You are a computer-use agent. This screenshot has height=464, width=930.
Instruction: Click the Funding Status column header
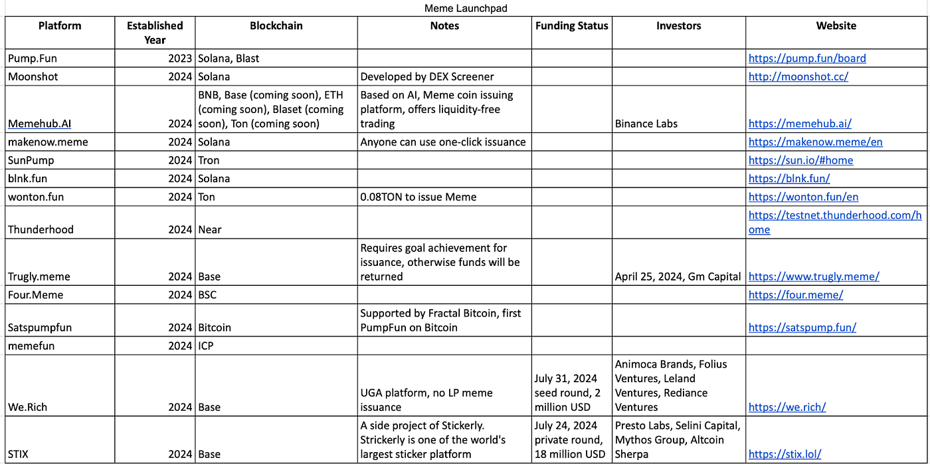pos(571,26)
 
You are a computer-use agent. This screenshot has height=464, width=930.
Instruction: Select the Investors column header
pos(678,26)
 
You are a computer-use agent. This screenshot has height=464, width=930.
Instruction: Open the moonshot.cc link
pos(798,76)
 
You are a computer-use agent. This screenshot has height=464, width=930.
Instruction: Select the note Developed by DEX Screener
pos(427,76)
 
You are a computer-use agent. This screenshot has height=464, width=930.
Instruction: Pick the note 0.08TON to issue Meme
pos(418,197)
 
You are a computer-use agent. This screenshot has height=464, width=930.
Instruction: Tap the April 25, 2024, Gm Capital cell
pos(678,277)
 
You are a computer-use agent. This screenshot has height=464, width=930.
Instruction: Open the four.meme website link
pos(795,294)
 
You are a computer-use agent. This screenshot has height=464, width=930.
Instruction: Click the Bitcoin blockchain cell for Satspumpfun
pos(215,327)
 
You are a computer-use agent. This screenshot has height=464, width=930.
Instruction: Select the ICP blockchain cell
pos(206,346)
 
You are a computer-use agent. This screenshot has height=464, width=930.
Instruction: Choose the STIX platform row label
pos(19,455)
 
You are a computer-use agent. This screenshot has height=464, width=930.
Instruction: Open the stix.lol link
pos(785,455)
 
